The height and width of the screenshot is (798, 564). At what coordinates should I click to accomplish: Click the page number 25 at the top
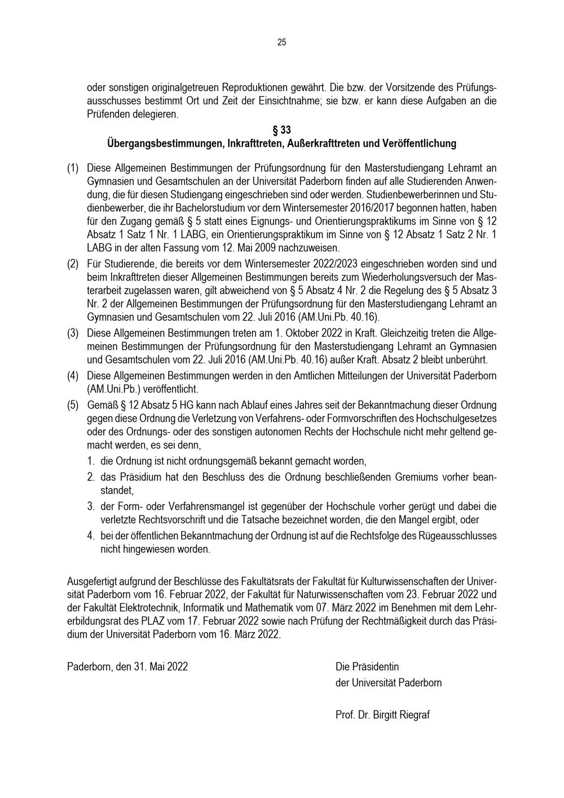coord(281,42)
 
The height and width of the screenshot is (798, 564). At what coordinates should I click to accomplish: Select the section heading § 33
coord(281,130)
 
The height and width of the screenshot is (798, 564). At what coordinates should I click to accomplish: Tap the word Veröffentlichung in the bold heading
coord(419,143)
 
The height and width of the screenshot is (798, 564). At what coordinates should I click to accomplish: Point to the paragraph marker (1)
coord(73,168)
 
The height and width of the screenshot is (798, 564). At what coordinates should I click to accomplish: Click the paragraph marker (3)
coord(73,333)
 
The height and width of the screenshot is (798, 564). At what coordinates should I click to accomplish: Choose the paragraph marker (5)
coord(73,405)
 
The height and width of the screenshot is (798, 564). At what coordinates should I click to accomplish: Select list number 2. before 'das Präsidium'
coord(91,477)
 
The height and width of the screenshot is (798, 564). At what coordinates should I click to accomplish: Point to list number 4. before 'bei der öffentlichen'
coord(91,535)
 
